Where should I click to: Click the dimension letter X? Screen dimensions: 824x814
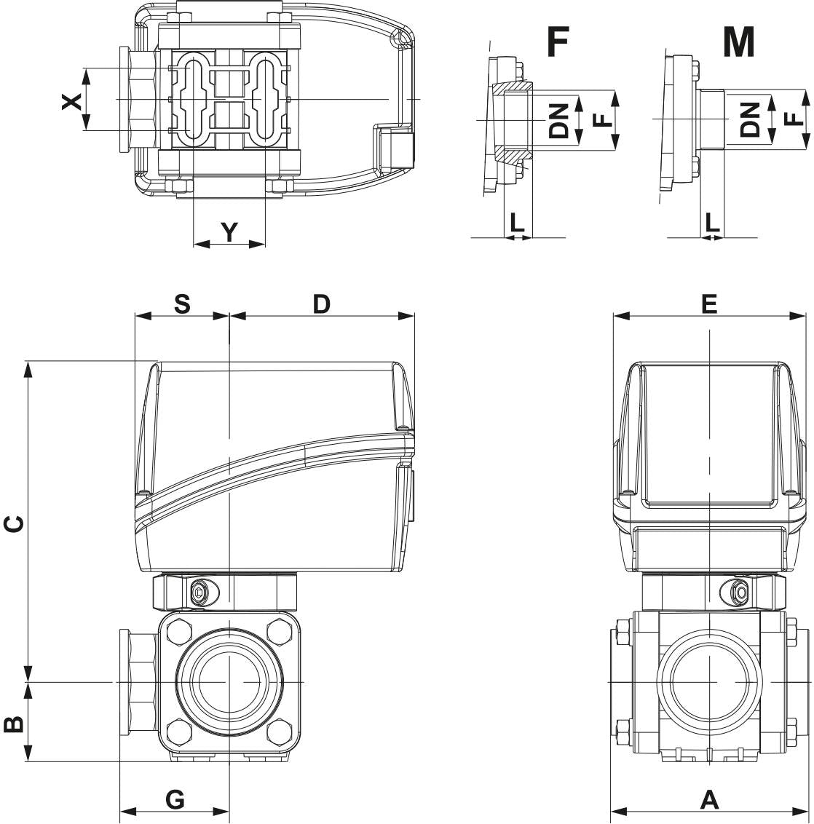point(71,101)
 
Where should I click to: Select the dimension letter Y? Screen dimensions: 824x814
point(229,232)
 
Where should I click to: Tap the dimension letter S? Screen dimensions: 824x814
point(182,304)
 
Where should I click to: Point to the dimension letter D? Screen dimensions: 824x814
point(321,304)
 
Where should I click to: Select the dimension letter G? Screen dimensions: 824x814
point(175,799)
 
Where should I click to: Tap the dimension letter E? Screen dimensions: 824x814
point(709,304)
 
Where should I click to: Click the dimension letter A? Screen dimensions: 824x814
point(709,799)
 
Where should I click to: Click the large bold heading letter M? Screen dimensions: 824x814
point(738,43)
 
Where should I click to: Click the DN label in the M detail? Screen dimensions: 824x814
point(750,119)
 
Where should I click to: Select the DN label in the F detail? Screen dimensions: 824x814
point(559,120)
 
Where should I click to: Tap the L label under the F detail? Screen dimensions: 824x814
point(517,223)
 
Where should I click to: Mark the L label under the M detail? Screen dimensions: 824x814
point(711,223)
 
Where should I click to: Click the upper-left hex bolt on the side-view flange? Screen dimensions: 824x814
point(178,630)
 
